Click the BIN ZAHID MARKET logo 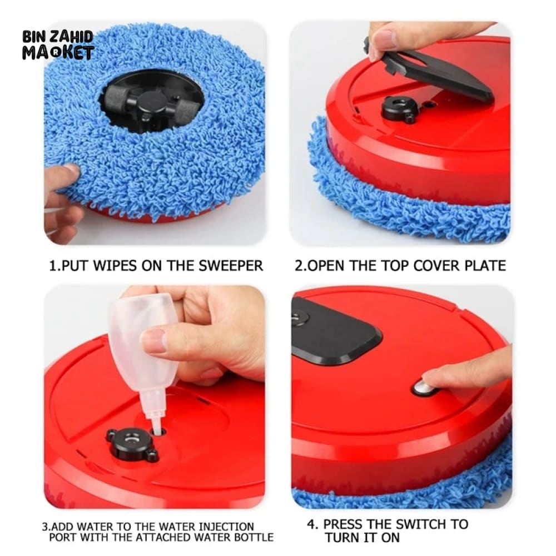point(58,45)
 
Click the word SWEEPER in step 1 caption point(231,266)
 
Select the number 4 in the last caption point(311,524)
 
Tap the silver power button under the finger point(423,388)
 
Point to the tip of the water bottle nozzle point(157,430)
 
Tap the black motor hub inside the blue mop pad point(149,103)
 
